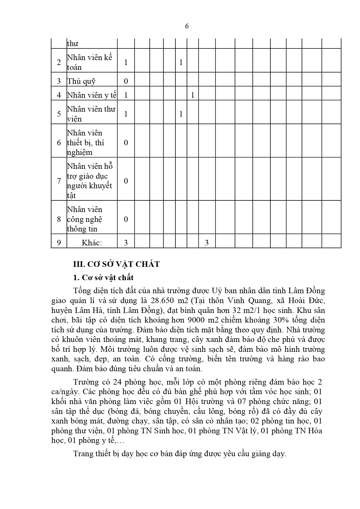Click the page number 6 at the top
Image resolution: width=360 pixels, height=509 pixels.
point(187,26)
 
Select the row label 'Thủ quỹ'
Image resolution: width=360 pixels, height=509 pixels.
point(81,81)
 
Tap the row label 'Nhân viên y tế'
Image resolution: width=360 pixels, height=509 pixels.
point(92,95)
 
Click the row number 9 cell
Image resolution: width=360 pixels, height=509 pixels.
point(59,242)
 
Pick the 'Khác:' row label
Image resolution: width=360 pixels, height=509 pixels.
point(92,242)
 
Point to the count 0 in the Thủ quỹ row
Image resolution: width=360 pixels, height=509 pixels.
point(126,81)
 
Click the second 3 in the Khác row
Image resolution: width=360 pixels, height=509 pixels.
point(207,242)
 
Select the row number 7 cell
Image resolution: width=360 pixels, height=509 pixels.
point(59,181)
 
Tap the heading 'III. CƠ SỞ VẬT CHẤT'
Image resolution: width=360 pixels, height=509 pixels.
point(116,264)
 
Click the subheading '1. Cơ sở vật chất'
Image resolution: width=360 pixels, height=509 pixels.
point(103,278)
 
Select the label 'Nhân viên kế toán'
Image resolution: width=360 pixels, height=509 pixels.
point(89,62)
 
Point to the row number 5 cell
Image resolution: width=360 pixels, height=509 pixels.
point(59,114)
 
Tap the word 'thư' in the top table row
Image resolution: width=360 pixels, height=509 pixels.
point(73,44)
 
